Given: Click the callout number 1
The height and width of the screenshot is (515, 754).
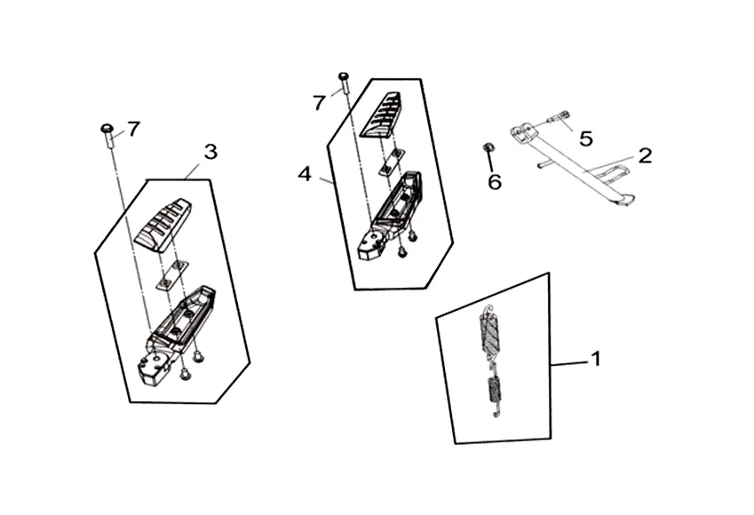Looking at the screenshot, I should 596,360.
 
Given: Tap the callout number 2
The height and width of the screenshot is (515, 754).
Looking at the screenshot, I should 645,155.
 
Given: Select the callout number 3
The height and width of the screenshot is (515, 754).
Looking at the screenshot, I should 210,152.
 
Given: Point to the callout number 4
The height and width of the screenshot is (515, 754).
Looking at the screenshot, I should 305,174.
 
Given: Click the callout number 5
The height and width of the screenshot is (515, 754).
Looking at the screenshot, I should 586,139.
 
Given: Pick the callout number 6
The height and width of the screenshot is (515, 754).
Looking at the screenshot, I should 495,182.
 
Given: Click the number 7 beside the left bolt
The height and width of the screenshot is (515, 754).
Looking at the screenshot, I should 133,130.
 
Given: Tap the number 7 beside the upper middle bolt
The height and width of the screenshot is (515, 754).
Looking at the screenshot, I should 319,103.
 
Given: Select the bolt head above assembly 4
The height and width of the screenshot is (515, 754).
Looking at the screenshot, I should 344,78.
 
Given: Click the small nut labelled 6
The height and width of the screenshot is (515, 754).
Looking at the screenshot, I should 488,147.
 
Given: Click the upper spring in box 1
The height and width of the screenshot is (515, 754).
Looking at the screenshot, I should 488,332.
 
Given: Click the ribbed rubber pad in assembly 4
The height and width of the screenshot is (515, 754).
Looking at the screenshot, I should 380,115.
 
